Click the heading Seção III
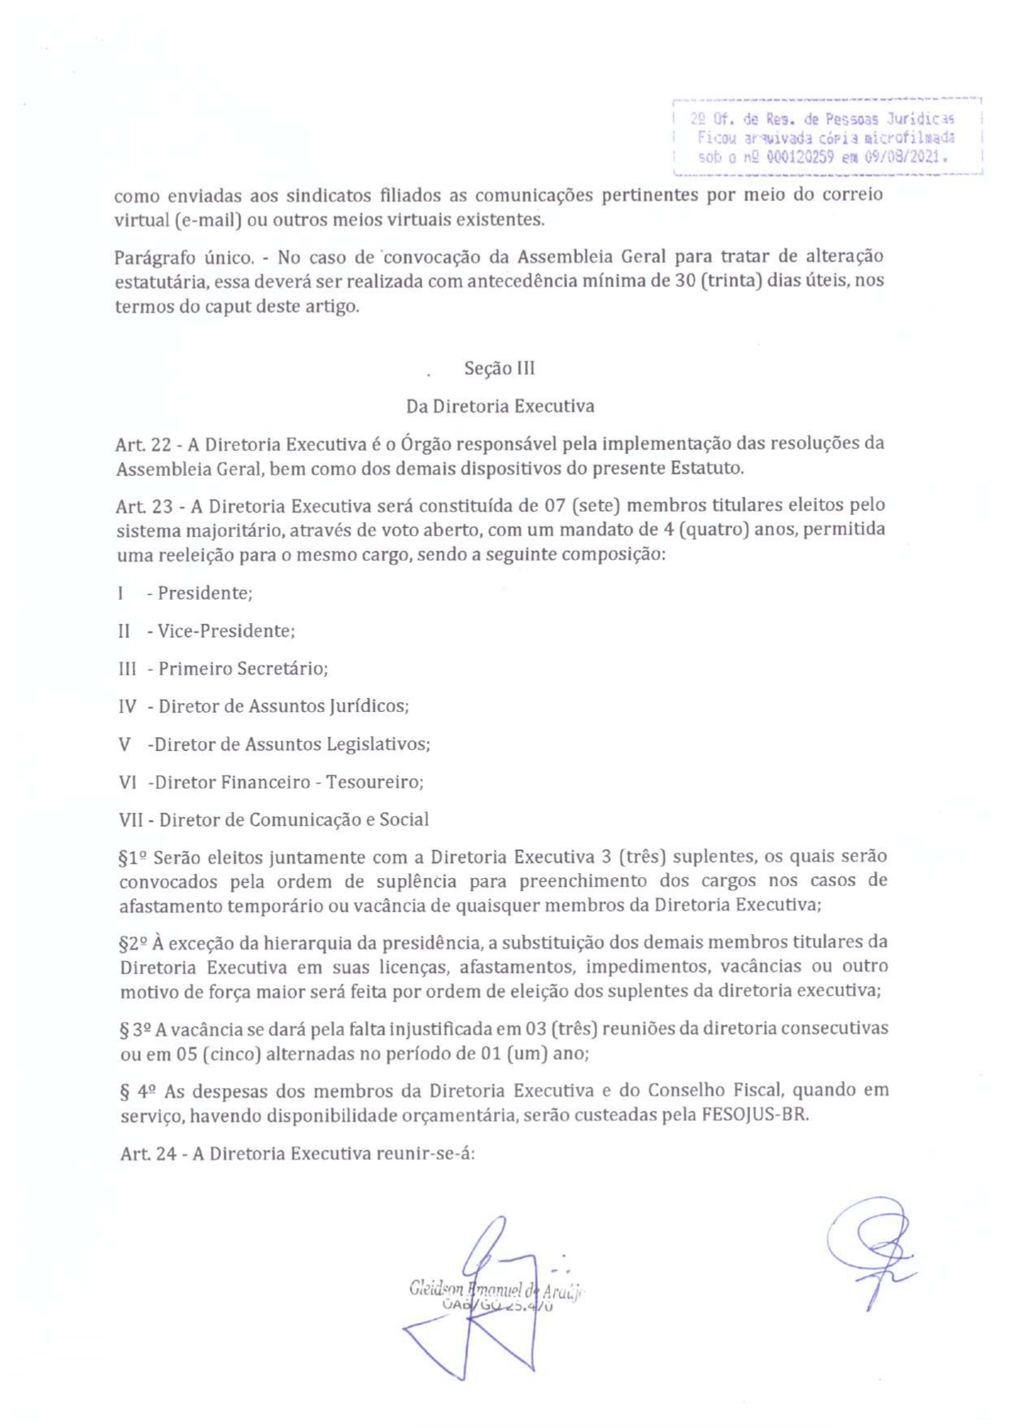point(499,369)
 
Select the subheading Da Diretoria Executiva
point(500,406)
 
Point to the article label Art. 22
point(142,444)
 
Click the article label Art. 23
point(143,506)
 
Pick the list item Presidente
point(204,593)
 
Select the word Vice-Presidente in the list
point(225,631)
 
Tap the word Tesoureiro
point(373,782)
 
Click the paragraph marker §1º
point(133,858)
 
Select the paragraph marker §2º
point(133,944)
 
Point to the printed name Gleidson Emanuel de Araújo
point(496,1290)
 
